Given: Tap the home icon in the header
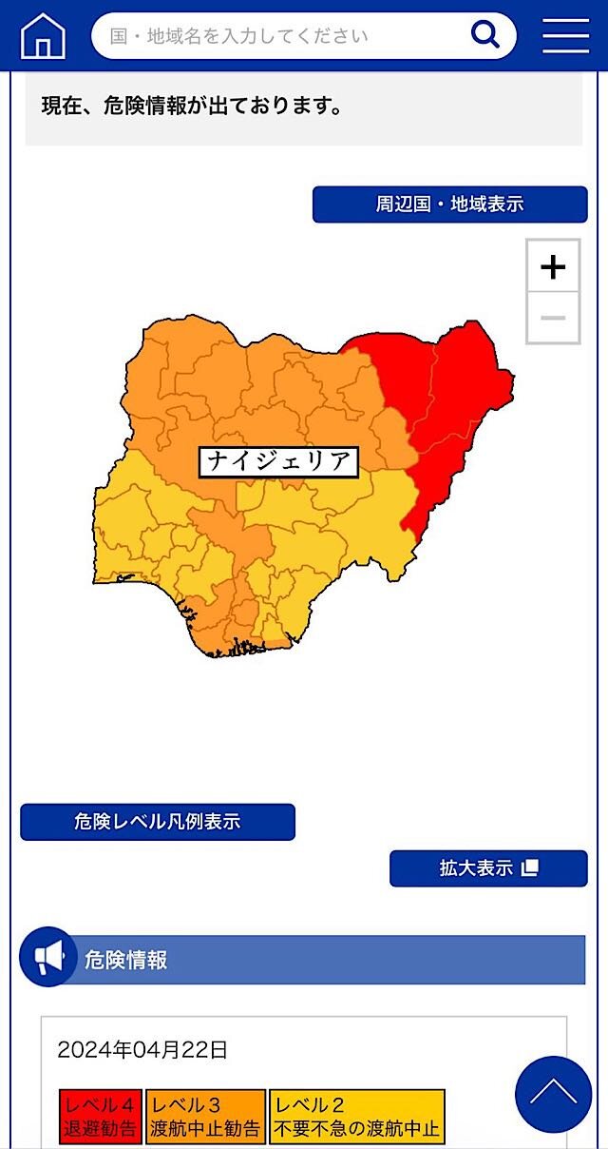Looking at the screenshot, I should click(43, 36).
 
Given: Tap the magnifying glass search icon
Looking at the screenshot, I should click(485, 35).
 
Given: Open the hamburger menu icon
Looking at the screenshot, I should click(566, 36).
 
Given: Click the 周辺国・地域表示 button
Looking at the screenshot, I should click(449, 204).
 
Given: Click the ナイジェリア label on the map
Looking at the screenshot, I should click(279, 461).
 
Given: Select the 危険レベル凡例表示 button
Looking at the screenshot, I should click(158, 822).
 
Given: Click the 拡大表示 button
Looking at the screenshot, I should click(488, 868).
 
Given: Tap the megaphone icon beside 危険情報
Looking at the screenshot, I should click(47, 957).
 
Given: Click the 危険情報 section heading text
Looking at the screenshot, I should click(126, 960).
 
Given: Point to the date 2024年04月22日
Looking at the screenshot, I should click(142, 1050).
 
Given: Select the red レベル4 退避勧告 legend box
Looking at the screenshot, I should click(101, 1118).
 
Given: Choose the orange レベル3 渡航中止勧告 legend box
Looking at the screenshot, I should click(205, 1118).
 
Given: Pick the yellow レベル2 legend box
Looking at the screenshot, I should click(357, 1118).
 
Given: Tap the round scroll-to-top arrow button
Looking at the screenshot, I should click(553, 1094).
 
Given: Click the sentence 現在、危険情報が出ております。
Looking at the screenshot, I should click(192, 106).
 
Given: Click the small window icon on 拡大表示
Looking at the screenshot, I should click(531, 867).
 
